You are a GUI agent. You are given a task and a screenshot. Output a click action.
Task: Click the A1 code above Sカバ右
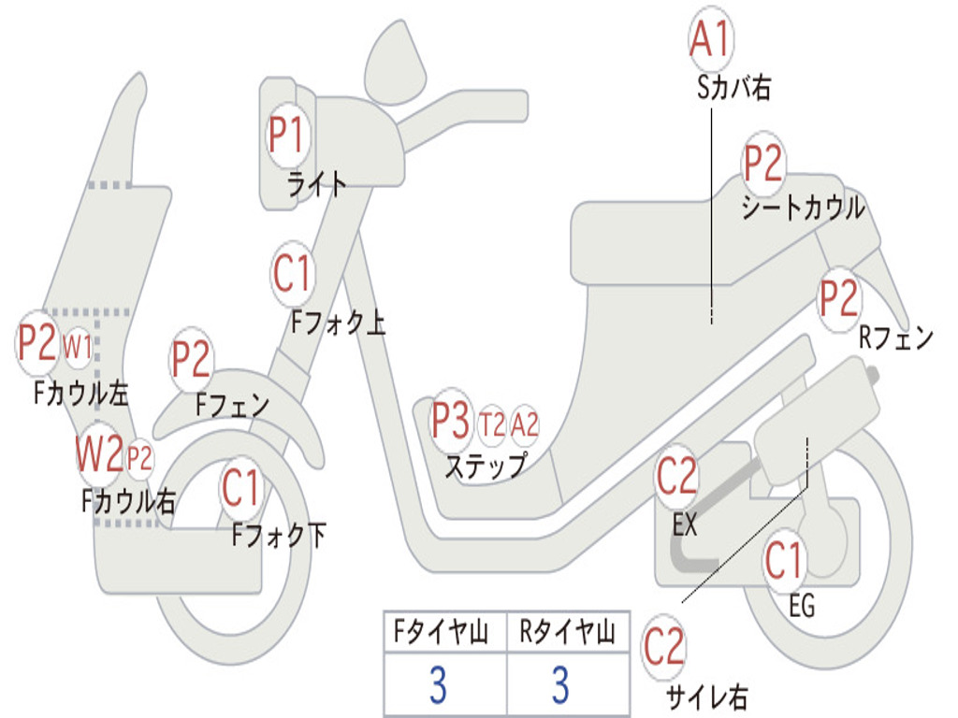(x=710, y=39)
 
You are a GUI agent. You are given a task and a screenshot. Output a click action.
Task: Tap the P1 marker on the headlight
(x=286, y=135)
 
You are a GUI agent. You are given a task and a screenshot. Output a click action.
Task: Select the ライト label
(x=316, y=184)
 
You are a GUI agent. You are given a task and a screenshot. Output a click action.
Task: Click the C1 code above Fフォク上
(x=292, y=274)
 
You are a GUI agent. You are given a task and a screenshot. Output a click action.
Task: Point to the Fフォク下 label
(x=279, y=536)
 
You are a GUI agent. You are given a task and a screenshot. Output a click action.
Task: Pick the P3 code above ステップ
(x=451, y=421)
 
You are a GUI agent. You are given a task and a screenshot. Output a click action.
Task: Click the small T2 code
(x=492, y=424)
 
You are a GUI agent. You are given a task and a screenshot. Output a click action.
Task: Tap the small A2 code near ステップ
(x=524, y=424)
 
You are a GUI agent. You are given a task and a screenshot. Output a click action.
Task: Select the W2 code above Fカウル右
(x=99, y=453)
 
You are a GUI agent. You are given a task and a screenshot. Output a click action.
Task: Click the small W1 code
(x=77, y=348)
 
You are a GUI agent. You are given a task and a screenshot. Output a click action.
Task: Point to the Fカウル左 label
(x=80, y=394)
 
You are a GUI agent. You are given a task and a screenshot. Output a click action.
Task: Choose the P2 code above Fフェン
(x=191, y=359)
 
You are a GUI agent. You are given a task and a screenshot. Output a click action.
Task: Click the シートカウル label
(x=803, y=208)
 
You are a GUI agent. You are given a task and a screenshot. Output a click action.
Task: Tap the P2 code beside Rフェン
(x=838, y=298)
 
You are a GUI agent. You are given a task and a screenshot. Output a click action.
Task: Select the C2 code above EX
(x=676, y=476)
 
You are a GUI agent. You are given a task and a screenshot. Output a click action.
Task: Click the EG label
(x=802, y=606)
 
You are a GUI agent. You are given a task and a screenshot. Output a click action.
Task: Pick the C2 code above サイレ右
(x=663, y=647)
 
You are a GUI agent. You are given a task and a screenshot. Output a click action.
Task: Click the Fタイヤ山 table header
(x=442, y=632)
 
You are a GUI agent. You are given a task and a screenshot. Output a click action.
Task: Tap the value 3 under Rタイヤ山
(x=561, y=684)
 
